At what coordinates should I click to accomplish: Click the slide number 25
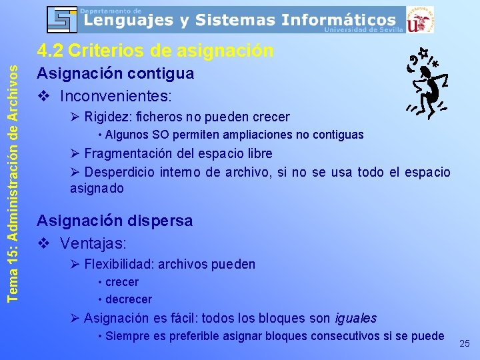465,343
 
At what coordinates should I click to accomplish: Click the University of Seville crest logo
419,20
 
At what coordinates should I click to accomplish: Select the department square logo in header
63,19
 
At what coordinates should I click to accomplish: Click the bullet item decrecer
129,299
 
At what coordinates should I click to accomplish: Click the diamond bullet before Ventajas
44,243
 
